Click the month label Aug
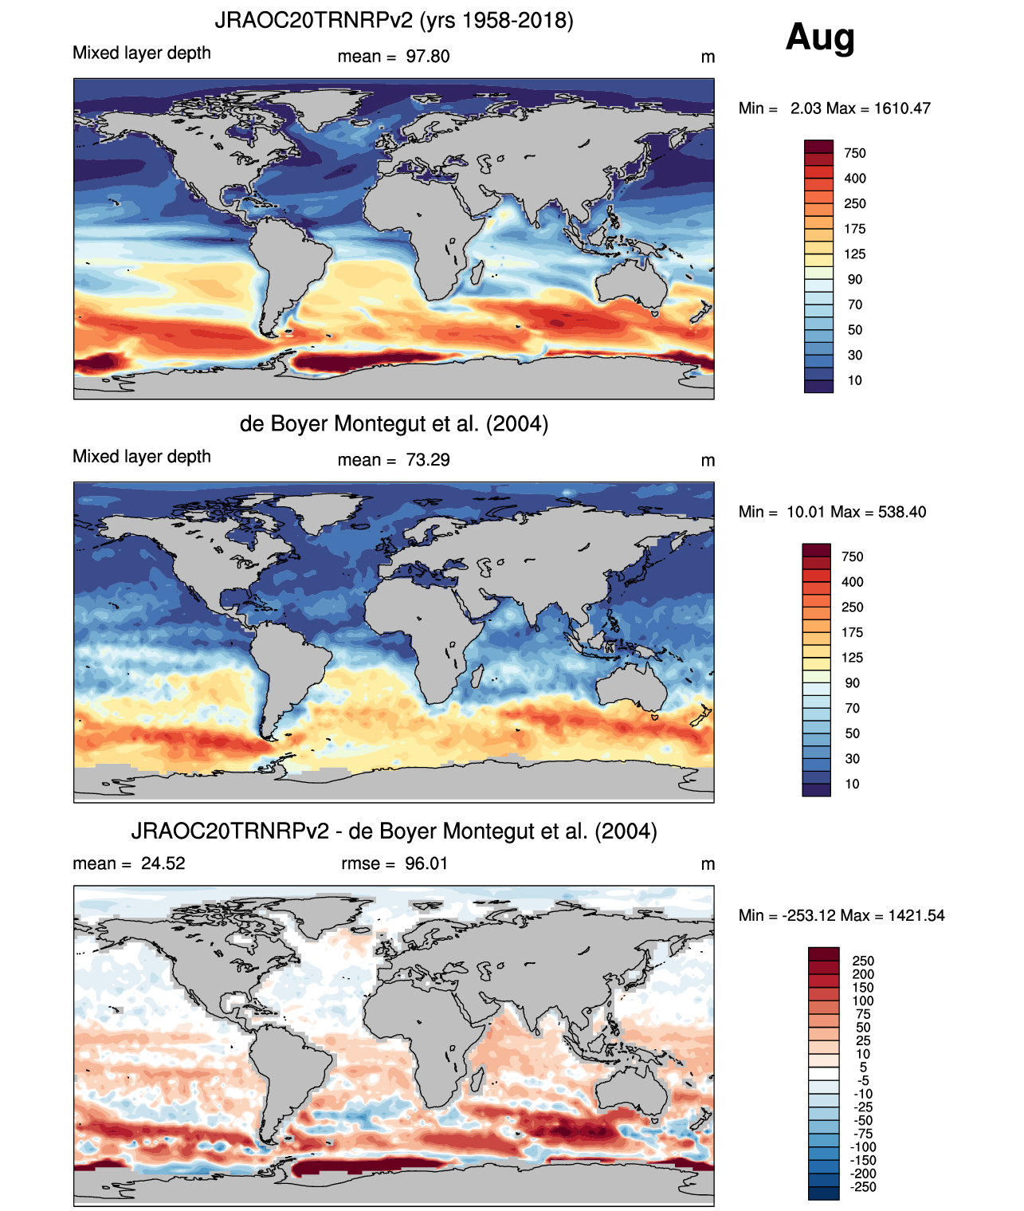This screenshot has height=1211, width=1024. click(x=820, y=37)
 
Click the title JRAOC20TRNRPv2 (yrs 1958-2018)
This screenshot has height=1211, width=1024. click(x=394, y=20)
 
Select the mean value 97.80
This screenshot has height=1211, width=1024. click(x=428, y=57)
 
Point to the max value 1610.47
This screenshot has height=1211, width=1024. click(x=902, y=108)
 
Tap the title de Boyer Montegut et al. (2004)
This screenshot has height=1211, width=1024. click(x=394, y=423)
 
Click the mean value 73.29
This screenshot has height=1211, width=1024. click(x=428, y=460)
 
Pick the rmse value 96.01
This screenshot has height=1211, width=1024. click(x=426, y=863)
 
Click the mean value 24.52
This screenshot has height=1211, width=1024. click(x=163, y=863)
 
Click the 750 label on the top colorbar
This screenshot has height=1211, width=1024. click(x=855, y=153)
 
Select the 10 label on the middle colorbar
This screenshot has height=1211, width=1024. click(x=853, y=784)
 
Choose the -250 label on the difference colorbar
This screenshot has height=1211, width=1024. click(x=863, y=1186)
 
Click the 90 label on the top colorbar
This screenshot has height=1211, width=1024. click(x=855, y=279)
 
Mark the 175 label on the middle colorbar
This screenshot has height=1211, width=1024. click(x=853, y=632)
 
